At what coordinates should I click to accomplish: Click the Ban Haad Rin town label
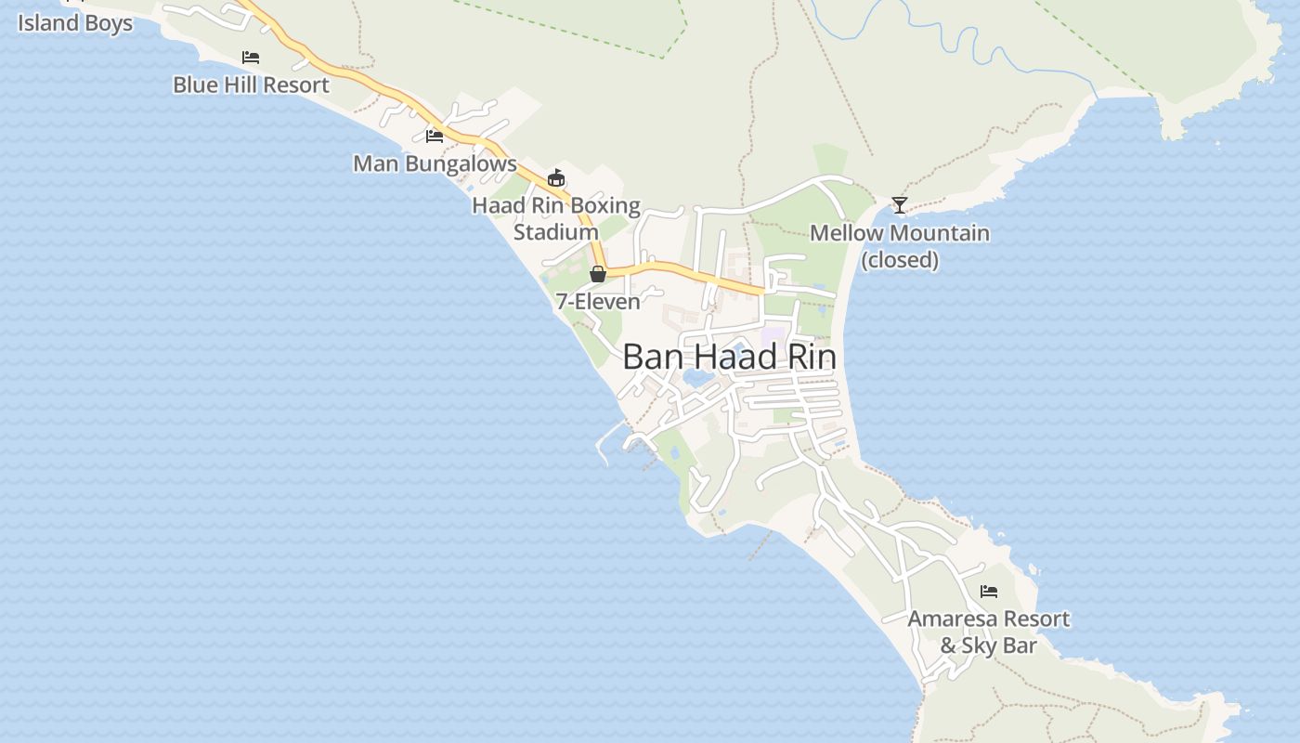coord(729,358)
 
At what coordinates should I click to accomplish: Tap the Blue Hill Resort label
coord(251,85)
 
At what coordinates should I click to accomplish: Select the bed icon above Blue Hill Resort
coord(251,58)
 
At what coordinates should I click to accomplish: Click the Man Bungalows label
coord(435,164)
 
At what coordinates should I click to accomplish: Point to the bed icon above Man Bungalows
coord(434,137)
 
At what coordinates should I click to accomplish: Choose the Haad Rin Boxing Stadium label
coord(556,218)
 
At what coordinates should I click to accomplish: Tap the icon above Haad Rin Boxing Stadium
coord(556,177)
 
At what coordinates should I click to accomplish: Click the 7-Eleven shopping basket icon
coord(598,274)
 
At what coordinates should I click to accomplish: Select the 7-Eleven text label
coord(598,302)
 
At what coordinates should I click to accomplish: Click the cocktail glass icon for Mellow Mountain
coord(899,205)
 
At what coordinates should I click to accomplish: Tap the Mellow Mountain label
coord(900,233)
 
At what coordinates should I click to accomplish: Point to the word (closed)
coord(900,260)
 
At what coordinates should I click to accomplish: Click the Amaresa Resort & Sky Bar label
coord(989,632)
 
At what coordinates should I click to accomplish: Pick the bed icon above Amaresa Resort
coord(989,592)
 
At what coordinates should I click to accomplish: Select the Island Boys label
coord(75,23)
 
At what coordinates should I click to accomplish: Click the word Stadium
coord(556,232)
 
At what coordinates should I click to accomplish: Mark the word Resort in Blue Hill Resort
coord(293,85)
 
